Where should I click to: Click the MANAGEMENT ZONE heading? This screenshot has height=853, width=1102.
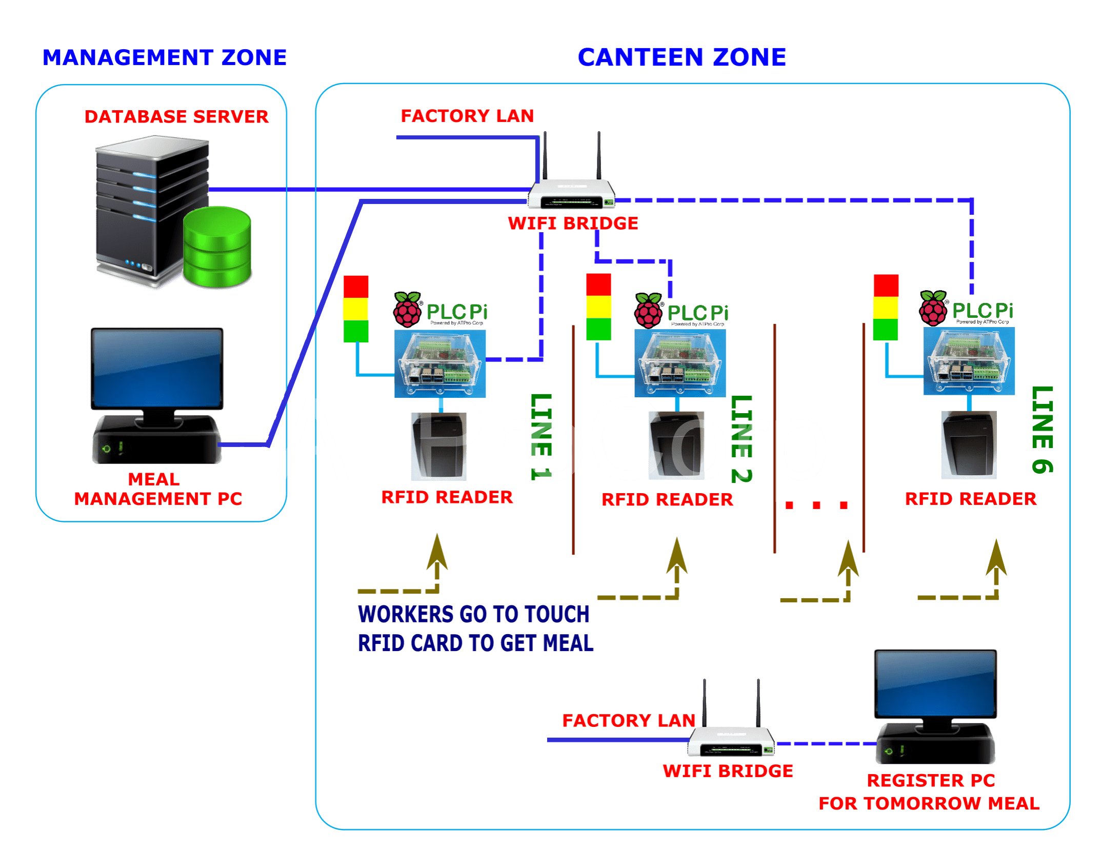(x=165, y=57)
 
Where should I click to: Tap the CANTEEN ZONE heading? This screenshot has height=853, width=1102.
(x=682, y=57)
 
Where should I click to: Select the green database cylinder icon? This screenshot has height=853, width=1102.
(x=218, y=247)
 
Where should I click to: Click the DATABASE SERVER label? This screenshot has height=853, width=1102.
(x=176, y=116)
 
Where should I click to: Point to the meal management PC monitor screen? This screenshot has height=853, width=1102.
(x=157, y=368)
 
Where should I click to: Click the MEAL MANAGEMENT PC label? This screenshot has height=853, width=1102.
(x=157, y=489)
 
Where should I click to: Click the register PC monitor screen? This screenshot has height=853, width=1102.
(x=935, y=684)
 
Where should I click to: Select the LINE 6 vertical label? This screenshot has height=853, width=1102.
(x=1042, y=430)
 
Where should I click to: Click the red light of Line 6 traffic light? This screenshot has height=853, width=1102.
(x=886, y=285)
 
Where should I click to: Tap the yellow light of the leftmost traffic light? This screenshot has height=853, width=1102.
(x=356, y=309)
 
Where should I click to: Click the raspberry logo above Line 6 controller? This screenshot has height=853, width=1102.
(x=933, y=308)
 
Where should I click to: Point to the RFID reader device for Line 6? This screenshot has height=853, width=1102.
(x=969, y=445)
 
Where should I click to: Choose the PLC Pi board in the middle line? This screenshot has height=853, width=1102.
(x=680, y=363)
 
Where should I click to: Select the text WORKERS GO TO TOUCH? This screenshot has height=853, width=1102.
(x=474, y=614)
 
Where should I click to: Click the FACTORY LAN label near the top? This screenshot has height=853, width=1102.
(x=467, y=116)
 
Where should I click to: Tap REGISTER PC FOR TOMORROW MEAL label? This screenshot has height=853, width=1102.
(x=929, y=792)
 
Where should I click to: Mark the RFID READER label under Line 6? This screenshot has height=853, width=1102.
(x=970, y=499)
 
